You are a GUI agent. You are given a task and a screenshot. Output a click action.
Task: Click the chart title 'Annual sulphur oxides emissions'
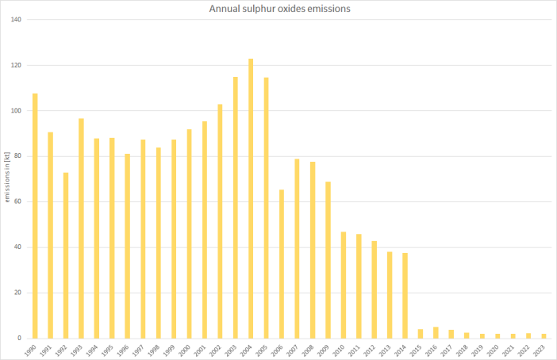278,9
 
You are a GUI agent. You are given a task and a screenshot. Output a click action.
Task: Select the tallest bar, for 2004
251,198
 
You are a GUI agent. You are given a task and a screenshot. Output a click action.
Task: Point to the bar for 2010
344,285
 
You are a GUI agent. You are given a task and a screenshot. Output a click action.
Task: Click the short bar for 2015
421,334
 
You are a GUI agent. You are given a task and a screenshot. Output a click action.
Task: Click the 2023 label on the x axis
542,350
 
